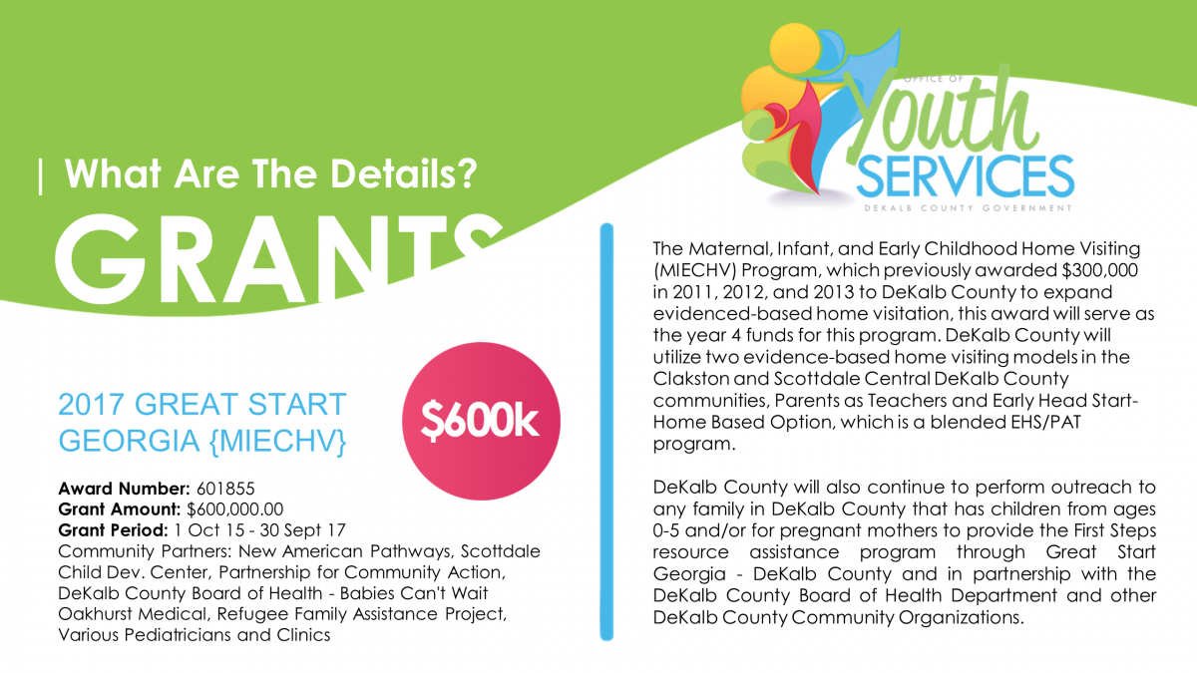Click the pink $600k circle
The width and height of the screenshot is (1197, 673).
coord(479,422)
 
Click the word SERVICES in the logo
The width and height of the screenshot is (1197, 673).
coord(965,177)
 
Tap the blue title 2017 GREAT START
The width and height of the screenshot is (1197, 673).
coord(202,405)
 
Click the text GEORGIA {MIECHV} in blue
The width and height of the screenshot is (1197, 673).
coord(202,439)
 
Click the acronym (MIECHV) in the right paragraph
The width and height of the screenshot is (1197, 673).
coord(698,270)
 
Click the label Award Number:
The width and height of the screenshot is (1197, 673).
coord(122,489)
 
